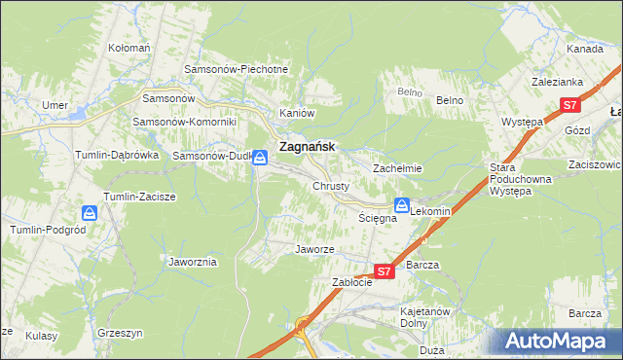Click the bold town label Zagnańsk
(307, 146)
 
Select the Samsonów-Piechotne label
(237, 69)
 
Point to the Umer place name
(53, 104)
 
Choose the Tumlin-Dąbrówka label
(116, 155)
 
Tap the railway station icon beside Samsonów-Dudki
(260, 156)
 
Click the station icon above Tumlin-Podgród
(90, 212)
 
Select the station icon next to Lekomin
(401, 204)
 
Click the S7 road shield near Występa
(570, 105)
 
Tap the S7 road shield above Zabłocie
(384, 272)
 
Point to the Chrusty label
(331, 185)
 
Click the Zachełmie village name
(397, 167)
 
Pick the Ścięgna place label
(377, 219)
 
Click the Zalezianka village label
(556, 83)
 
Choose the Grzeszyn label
(121, 333)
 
